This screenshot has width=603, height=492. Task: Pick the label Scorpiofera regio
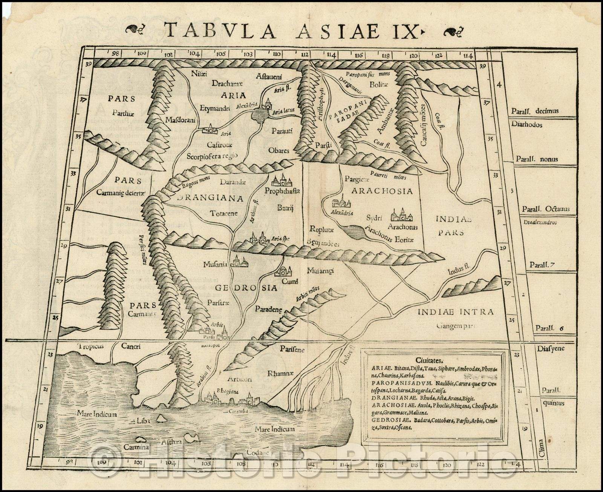[213, 156]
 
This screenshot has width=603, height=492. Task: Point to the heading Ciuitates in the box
[433, 360]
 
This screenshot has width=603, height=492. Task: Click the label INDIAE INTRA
[455, 312]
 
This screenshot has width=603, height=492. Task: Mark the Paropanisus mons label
[367, 74]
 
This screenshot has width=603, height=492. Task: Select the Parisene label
[292, 349]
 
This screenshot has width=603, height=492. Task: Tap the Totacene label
[224, 213]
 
